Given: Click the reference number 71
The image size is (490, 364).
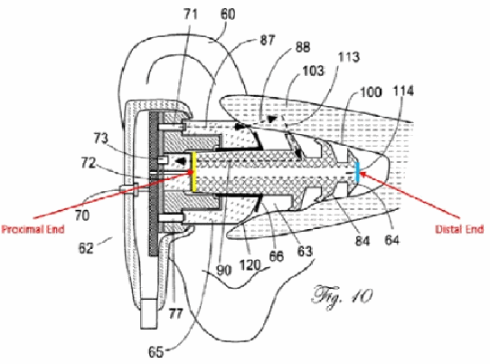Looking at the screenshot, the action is point(191,14).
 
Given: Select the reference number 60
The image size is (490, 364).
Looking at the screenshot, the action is point(228,14).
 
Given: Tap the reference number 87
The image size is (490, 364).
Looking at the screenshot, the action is point(267,40).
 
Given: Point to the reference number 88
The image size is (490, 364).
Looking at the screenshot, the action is point(302,47).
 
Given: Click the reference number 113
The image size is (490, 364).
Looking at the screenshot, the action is point(348,57).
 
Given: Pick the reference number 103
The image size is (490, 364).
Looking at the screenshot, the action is point(313,71).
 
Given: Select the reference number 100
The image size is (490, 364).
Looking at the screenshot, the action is point(371,92).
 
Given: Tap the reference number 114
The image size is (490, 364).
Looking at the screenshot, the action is point(403,91).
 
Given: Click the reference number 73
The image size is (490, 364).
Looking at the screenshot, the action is point(101,139).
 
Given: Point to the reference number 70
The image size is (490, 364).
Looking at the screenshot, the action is point(82,216).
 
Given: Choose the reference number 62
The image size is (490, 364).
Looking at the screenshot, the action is point(86,248).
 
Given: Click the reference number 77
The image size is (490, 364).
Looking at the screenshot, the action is point(175,313).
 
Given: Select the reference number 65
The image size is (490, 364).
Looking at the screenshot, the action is point(155,352).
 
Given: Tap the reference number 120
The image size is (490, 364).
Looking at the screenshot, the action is point(250,265).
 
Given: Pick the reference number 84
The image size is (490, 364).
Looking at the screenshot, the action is point(363,241).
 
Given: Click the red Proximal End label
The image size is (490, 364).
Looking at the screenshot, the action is point(33,229).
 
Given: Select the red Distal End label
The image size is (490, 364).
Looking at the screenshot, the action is point(459,229).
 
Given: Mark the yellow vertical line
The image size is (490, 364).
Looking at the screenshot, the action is point(194,171).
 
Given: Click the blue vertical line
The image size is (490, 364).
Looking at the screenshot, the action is point(358,173).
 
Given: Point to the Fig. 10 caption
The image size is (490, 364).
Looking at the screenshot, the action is point(342,296).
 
